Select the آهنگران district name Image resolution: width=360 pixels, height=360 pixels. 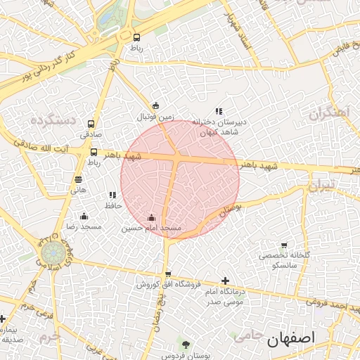tap(328, 112)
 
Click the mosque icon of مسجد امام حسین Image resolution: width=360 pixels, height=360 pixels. tap(152, 218)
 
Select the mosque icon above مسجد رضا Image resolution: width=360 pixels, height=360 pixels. tap(84, 216)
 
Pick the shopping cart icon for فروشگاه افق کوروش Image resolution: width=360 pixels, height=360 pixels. tap(167, 274)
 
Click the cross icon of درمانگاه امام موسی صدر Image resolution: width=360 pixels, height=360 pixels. tap(224, 280)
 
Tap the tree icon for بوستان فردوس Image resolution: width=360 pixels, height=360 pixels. tap(186, 345)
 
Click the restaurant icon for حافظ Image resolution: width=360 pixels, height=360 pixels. tap(112, 195)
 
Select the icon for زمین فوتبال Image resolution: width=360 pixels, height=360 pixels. tap(155, 106)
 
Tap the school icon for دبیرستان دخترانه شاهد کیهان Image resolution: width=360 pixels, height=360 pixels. tap(219, 110)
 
